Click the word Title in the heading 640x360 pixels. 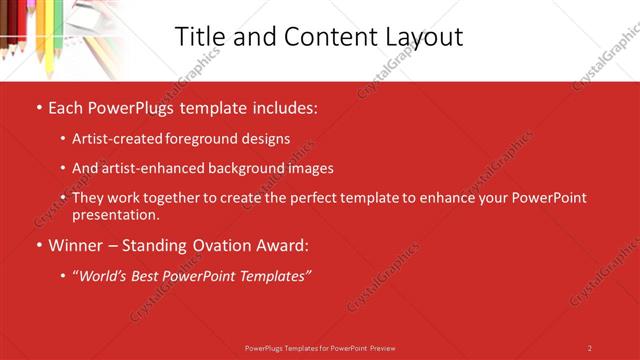199,37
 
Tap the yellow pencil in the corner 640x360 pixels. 49,40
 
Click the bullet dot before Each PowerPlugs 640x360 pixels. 38,107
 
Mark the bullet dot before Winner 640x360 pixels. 38,245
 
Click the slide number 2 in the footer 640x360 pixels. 589,348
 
